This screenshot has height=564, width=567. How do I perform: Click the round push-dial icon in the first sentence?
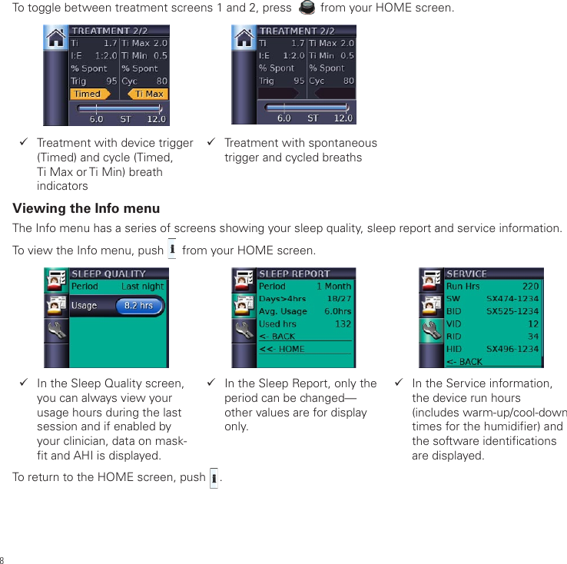(306, 8)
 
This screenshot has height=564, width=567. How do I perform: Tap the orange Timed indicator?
(89, 94)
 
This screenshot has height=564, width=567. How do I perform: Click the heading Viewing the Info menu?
(86, 209)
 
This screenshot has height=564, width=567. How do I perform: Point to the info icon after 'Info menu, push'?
(172, 250)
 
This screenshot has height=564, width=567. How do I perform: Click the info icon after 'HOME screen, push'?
(214, 477)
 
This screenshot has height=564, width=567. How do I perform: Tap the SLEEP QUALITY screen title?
(108, 274)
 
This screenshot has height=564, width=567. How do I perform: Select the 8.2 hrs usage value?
(138, 306)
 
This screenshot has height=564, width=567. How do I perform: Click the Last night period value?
(142, 287)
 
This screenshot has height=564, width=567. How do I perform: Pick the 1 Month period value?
(333, 287)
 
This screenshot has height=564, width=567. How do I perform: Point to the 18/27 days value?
(339, 299)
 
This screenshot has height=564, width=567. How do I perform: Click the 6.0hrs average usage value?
(337, 311)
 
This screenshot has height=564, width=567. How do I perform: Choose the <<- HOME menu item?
(282, 349)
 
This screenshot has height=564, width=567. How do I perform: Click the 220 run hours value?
(530, 287)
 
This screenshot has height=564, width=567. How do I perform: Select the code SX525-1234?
(512, 311)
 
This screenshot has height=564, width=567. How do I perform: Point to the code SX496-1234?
(512, 348)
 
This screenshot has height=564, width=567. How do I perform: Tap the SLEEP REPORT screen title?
(294, 274)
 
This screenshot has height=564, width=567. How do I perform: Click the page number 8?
(3, 559)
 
